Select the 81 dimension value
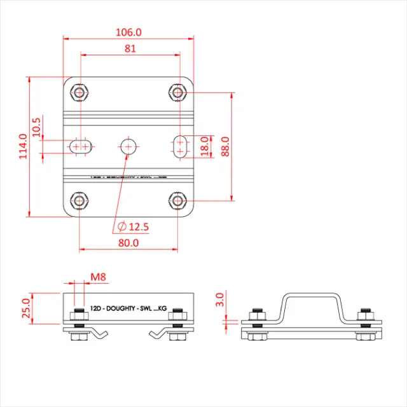tap(129, 48)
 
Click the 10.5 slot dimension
tap(37, 128)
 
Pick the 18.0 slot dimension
tap(205, 146)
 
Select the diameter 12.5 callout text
tap(134, 226)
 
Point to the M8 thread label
tap(98, 277)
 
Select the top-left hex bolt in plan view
tap(79, 93)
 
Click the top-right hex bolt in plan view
tap(178, 93)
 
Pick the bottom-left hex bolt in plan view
tap(79, 201)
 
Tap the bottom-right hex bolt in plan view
tap(178, 201)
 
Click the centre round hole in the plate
tap(128, 146)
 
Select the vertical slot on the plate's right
tap(181, 146)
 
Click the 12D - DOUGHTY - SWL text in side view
tap(123, 307)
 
